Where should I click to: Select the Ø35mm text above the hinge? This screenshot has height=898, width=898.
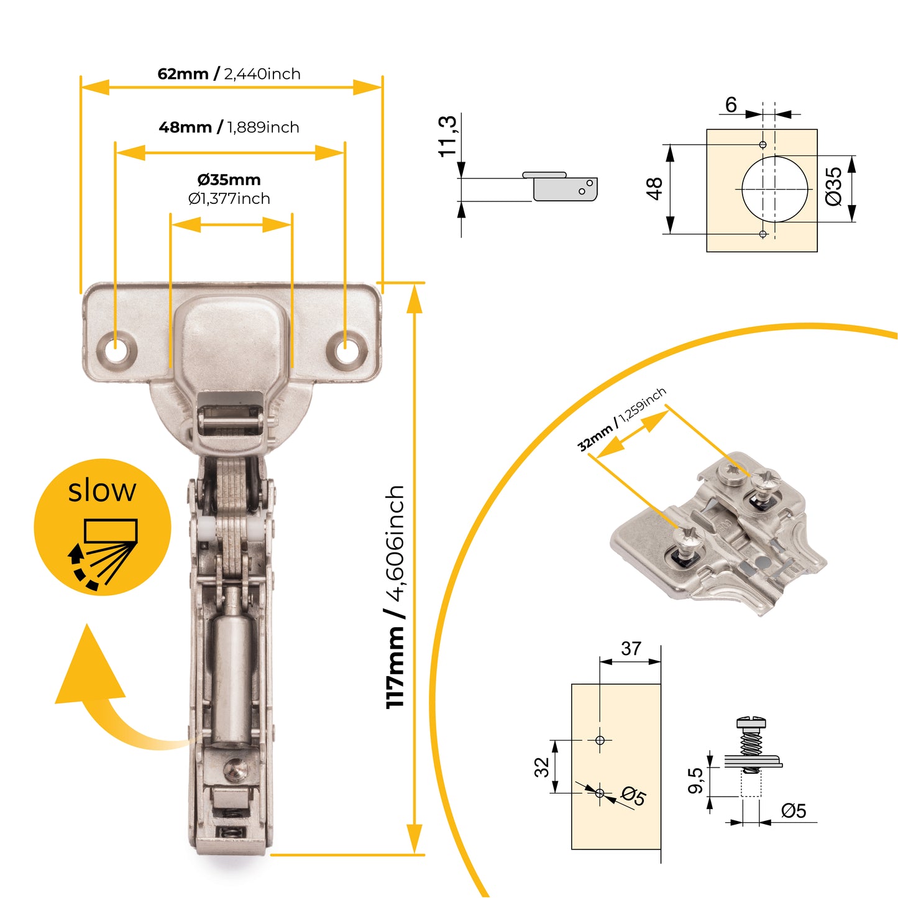click(x=229, y=180)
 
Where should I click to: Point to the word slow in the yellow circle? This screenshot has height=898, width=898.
click(x=102, y=490)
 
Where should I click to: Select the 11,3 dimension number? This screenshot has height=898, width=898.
click(x=447, y=135)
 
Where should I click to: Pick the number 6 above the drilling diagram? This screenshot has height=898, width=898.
click(x=731, y=105)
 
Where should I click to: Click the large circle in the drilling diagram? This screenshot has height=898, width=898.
click(x=775, y=188)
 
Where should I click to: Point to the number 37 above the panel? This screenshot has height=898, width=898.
click(x=631, y=649)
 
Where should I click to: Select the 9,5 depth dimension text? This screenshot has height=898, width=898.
click(x=695, y=781)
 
